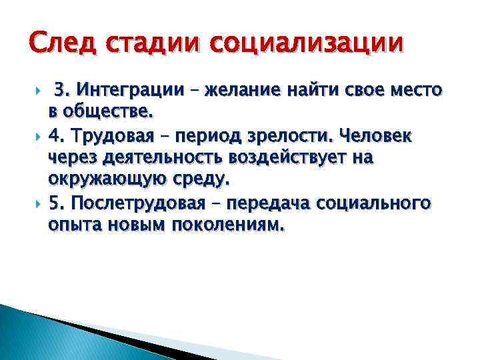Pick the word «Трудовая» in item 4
click(115, 137)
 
